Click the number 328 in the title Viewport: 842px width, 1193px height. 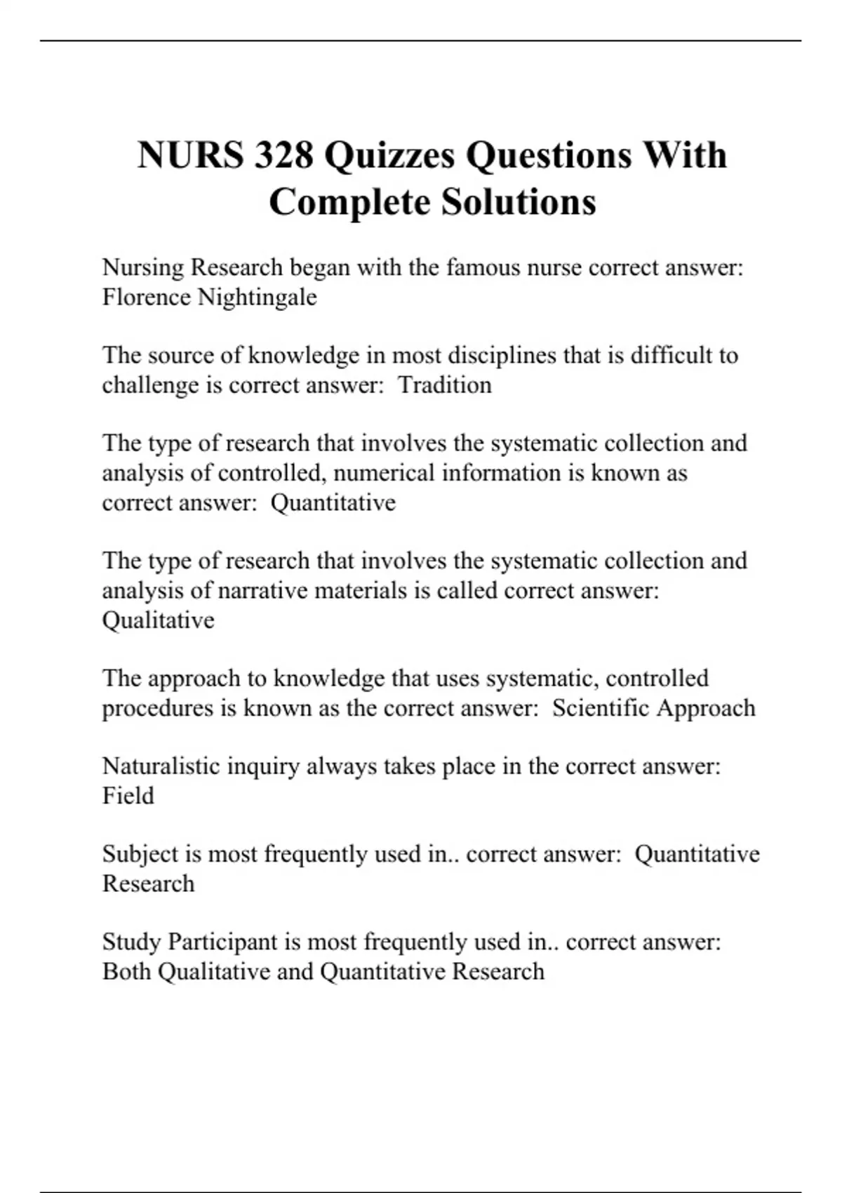point(283,155)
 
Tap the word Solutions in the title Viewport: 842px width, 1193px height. point(519,202)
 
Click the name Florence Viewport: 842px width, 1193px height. point(147,297)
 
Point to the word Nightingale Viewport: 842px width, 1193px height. point(257,297)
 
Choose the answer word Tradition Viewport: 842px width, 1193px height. point(445,385)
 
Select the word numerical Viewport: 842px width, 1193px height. point(384,473)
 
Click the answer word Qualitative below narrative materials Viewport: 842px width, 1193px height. point(159,620)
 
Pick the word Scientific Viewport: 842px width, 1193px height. point(600,707)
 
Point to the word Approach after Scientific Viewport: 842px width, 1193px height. point(705,707)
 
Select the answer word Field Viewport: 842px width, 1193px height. point(128,795)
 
